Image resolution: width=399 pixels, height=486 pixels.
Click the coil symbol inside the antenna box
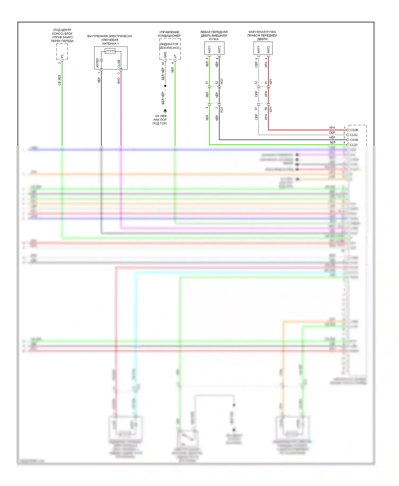click(x=110, y=51)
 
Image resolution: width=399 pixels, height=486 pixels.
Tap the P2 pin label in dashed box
click(x=62, y=56)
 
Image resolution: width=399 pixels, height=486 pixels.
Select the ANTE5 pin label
click(x=97, y=63)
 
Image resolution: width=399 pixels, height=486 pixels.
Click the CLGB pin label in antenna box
click(x=119, y=64)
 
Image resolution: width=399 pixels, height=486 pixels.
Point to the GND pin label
click(x=165, y=55)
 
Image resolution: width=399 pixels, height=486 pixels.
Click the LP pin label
click(x=175, y=56)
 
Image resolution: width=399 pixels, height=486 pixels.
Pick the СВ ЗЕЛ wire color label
click(x=59, y=80)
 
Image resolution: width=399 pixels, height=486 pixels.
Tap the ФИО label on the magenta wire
click(x=119, y=81)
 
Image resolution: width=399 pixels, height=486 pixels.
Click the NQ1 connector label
click(x=222, y=82)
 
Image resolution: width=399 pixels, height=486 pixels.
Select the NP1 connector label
click(x=271, y=82)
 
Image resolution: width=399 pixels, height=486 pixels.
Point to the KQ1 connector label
click(x=222, y=109)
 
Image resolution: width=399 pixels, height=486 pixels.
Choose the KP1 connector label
click(x=271, y=109)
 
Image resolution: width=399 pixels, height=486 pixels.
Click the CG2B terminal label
click(x=354, y=130)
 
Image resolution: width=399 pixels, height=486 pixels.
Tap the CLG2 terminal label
click(x=354, y=135)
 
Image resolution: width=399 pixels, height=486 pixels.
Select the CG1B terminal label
click(x=354, y=140)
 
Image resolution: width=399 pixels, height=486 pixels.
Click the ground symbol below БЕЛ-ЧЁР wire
click(x=165, y=111)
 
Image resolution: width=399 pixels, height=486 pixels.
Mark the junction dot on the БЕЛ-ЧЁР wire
click(x=165, y=86)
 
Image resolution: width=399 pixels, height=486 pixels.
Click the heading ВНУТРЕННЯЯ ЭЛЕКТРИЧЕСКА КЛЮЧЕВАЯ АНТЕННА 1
click(x=110, y=40)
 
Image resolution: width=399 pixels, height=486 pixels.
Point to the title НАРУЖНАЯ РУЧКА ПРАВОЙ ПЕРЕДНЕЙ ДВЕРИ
click(x=262, y=35)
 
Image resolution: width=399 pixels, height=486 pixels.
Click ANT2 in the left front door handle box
click(x=219, y=49)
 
